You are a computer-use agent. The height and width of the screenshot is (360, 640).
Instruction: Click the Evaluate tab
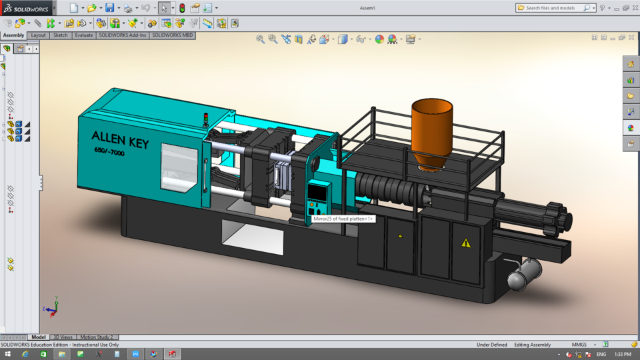(84, 35)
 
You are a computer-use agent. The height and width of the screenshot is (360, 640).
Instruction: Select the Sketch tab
(61, 35)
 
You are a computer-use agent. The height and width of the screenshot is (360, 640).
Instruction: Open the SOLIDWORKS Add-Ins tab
(123, 35)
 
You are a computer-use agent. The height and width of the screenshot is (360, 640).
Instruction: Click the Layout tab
(38, 35)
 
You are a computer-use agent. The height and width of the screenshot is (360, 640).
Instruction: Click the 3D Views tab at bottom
(63, 337)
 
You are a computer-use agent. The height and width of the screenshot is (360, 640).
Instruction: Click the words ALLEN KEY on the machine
(120, 140)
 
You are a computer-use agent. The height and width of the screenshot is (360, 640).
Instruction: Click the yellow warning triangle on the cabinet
(466, 243)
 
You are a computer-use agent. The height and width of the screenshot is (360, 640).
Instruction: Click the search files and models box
(553, 8)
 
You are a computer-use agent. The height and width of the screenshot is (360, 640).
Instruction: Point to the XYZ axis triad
(51, 307)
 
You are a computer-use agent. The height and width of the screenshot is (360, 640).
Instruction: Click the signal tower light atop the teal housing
(205, 120)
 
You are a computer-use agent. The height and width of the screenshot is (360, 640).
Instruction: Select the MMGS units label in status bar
(579, 345)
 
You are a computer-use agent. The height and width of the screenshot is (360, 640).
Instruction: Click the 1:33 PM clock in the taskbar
(622, 354)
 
